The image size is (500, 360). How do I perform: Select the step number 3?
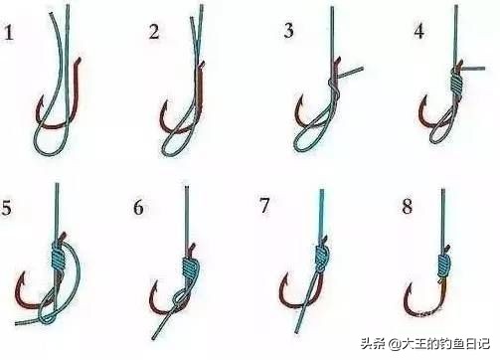(289, 31)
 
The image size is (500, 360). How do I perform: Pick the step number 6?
(138, 208)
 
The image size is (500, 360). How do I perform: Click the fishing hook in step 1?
(62, 119)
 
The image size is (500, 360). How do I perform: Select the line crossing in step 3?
(332, 88)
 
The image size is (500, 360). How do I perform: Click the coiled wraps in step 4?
(457, 80)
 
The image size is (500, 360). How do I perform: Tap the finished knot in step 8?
(442, 264)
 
